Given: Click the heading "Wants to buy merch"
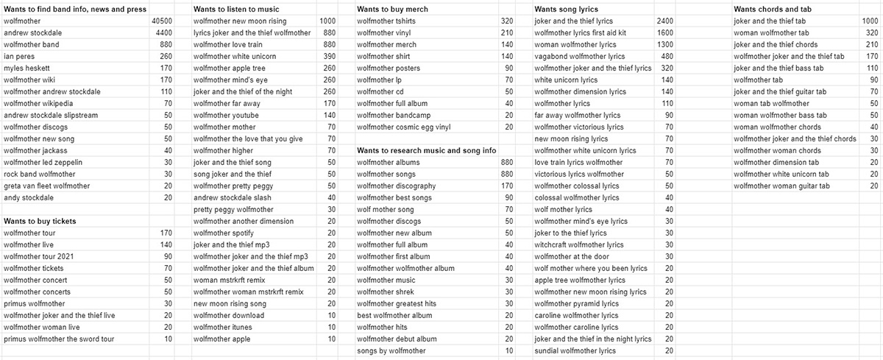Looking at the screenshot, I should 392,9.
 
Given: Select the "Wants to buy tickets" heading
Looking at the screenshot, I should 40,221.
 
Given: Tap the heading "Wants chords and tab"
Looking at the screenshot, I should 773,9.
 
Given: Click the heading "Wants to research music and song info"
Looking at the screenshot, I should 427,150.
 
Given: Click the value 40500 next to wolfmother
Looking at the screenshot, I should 161,21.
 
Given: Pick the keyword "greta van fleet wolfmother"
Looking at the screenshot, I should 46,186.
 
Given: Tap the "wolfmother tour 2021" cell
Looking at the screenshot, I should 40,256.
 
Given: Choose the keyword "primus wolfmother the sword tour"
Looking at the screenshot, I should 59,339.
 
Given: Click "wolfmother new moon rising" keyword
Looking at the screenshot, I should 240,21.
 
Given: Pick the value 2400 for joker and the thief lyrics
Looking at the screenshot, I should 664,21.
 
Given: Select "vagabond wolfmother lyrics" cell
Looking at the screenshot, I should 580,56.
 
